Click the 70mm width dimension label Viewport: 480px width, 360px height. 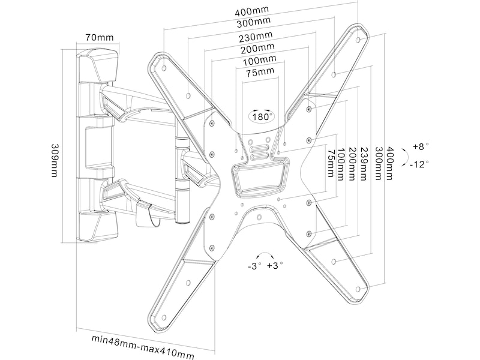[x=99, y=37]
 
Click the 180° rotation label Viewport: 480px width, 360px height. [x=262, y=116]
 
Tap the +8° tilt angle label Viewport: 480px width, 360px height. [x=421, y=146]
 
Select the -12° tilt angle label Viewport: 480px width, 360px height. [x=419, y=164]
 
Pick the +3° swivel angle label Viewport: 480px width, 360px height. [x=275, y=265]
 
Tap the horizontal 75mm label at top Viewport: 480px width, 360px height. [x=259, y=72]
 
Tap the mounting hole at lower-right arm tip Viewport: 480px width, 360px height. [x=358, y=289]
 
